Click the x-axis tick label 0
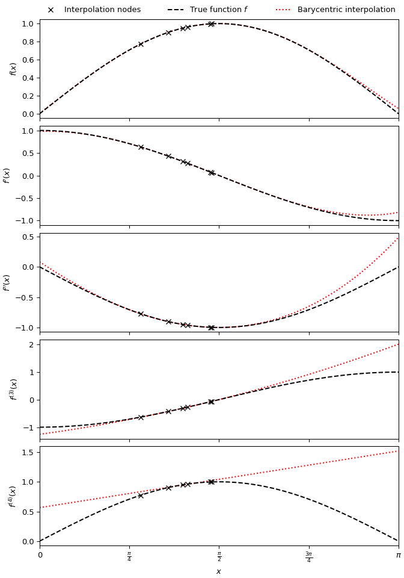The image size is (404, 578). pos(40,555)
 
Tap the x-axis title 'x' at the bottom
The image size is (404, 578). pos(219,571)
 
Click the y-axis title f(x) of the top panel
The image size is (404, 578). pos(13,69)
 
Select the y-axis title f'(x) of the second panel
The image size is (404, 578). pos(7,175)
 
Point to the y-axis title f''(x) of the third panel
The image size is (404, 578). pos(7,282)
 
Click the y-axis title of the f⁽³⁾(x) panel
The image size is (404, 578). pos(13,389)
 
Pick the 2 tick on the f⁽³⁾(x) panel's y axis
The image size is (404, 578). pos(31,344)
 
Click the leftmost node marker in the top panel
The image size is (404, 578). pos(141,44)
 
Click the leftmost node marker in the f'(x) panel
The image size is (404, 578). pos(141,147)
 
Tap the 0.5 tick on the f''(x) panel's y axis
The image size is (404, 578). pos(27,237)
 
